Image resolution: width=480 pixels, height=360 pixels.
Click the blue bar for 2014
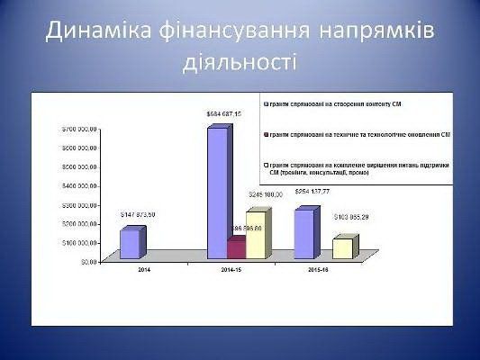tap(130, 245)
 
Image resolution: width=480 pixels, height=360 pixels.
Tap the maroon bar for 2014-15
tap(236, 249)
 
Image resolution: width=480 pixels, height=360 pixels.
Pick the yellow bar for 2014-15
tap(256, 236)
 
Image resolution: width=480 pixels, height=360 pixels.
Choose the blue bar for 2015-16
tap(303, 235)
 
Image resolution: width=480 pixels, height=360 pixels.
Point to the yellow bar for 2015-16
tap(342, 249)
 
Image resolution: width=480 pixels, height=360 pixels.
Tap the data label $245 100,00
tap(266, 194)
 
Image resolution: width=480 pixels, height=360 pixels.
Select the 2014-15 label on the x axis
tap(231, 269)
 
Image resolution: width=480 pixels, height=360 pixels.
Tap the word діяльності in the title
tap(240, 64)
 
